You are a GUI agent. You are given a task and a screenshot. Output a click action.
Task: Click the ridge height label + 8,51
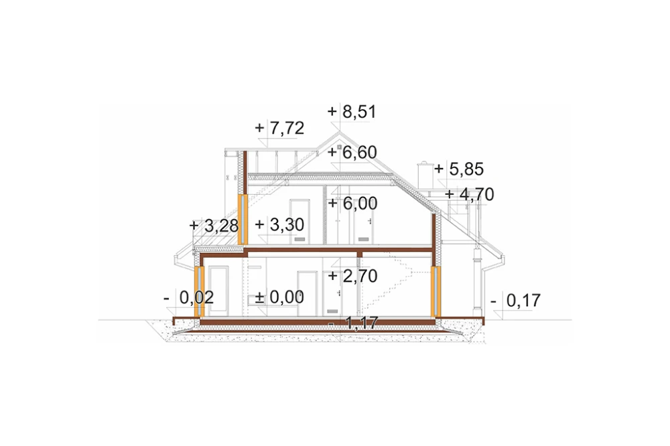[352, 112]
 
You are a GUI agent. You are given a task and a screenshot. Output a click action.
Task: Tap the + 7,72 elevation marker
[279, 128]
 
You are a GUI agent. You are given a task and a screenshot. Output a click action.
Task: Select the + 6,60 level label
[352, 153]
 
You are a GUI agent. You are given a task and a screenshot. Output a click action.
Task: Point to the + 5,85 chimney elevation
[459, 169]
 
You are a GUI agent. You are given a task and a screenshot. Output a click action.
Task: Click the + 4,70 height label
[470, 194]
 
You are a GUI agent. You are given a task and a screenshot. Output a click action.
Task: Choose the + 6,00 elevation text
[352, 204]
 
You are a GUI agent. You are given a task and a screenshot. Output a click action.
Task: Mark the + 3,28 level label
[214, 226]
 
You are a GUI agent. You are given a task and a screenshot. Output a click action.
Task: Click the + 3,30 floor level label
[279, 225]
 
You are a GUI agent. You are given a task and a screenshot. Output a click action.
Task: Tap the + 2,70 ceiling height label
[352, 277]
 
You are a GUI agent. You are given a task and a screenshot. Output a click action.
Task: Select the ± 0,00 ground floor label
[279, 297]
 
